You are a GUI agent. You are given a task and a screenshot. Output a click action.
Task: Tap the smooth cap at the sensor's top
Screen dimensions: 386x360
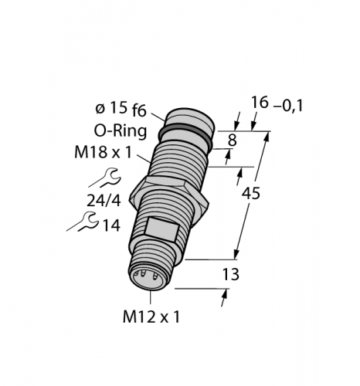coord(188,117)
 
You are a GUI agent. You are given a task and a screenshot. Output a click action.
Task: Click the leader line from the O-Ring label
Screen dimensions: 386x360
coord(154,136)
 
